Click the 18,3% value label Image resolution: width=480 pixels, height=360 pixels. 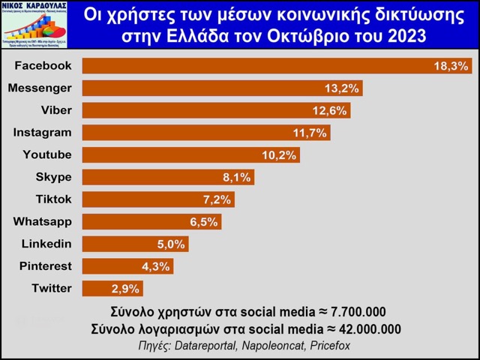point(451,66)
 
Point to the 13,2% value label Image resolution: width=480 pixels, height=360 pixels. point(343,88)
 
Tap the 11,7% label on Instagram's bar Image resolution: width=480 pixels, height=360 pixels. point(310,133)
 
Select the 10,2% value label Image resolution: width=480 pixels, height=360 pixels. point(280,155)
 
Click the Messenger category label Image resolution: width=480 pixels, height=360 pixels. point(40,88)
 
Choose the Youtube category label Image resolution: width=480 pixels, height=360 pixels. point(48,155)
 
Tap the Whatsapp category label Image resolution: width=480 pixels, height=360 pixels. point(43,222)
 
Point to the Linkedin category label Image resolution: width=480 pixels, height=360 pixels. point(46,244)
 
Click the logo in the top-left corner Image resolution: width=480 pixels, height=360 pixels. point(34,25)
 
